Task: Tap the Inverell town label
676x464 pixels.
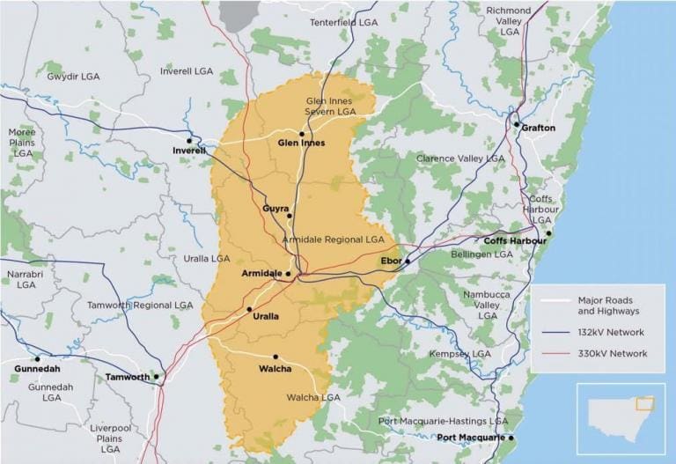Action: pos(189,151)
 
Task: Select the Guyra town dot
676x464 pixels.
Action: pos(289,216)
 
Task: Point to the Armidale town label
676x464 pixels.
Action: pos(261,274)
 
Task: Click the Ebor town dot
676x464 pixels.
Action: pos(408,261)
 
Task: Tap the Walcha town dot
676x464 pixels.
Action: pos(276,357)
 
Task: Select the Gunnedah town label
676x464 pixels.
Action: pos(37,369)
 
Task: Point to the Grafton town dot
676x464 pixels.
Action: pos(517,124)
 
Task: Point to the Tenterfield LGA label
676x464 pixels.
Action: pos(344,20)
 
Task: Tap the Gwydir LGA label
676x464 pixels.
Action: pos(73,77)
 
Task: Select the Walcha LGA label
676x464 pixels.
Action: pos(313,398)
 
